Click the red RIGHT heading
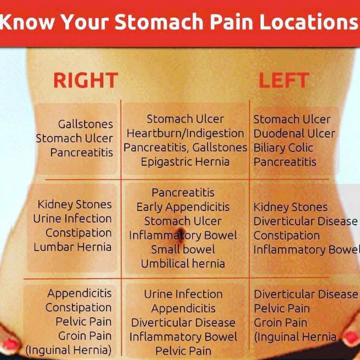click(x=86, y=80)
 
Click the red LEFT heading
click(x=284, y=80)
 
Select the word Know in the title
click(x=27, y=22)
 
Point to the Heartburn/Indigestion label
click(x=185, y=133)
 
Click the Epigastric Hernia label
click(x=185, y=162)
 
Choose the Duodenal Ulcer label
click(x=294, y=133)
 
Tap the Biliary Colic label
click(x=283, y=148)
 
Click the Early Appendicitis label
click(x=183, y=207)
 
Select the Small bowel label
click(x=183, y=249)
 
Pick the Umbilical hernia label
click(x=183, y=263)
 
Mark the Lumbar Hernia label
click(x=73, y=247)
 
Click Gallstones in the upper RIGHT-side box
click(x=86, y=124)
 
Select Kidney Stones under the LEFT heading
click(x=290, y=207)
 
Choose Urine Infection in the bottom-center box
click(x=183, y=294)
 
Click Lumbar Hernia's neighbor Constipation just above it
click(x=78, y=233)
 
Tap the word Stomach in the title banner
click(x=159, y=22)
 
